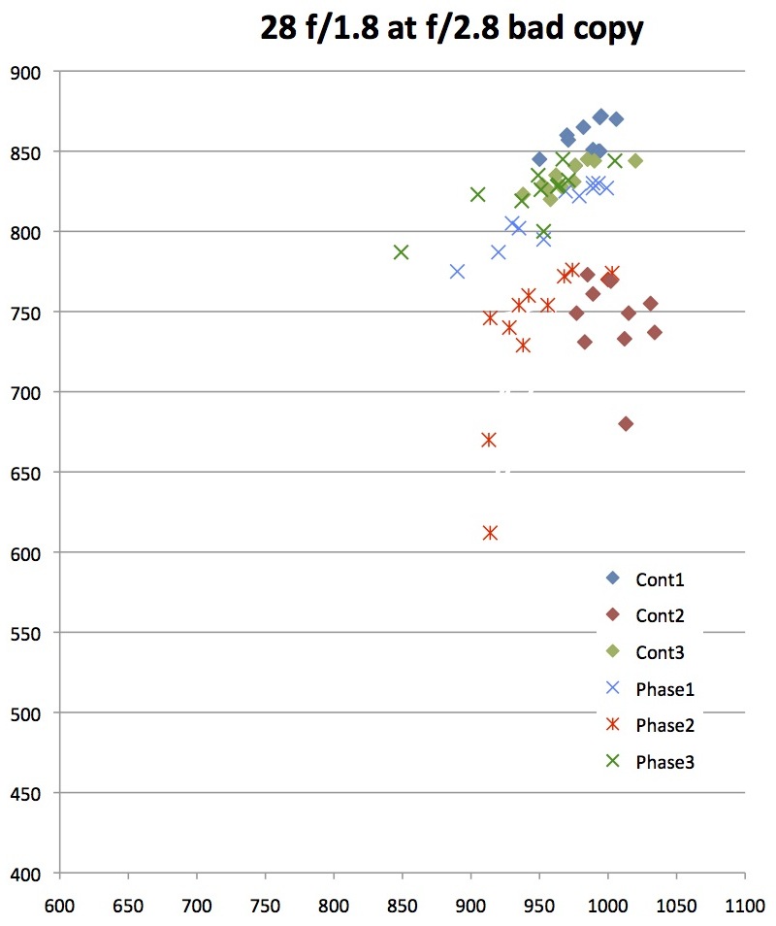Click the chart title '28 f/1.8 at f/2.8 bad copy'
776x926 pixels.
pyautogui.click(x=451, y=28)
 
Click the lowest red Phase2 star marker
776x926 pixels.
pyautogui.click(x=490, y=533)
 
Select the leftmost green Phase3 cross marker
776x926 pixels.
pyautogui.click(x=401, y=252)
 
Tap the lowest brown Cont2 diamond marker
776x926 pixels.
pyautogui.click(x=626, y=424)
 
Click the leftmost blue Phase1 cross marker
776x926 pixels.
pyautogui.click(x=457, y=272)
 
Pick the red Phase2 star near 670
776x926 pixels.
pyautogui.click(x=489, y=440)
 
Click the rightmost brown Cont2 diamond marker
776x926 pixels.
pyautogui.click(x=655, y=332)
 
